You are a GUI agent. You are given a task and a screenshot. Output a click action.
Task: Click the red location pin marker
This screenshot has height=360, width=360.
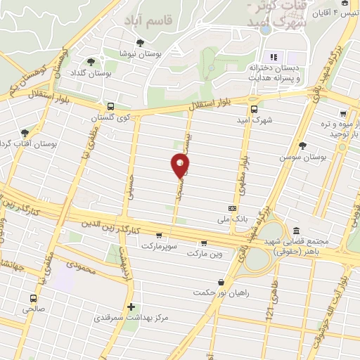180,166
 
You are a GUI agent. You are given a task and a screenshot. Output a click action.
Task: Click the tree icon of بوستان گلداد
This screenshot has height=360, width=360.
91,61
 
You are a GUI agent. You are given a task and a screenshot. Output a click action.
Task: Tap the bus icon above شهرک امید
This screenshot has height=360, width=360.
254,109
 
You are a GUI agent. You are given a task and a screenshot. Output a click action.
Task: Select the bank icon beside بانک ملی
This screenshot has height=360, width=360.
233,208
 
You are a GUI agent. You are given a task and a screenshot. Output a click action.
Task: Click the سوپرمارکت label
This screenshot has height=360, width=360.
156,246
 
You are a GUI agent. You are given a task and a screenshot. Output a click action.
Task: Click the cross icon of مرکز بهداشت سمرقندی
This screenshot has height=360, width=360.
131,307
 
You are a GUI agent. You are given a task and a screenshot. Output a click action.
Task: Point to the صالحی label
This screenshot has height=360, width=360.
32,308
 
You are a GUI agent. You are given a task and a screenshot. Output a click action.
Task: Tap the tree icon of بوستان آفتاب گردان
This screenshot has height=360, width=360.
25,133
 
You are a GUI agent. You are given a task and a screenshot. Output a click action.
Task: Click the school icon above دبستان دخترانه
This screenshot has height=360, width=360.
274,57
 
